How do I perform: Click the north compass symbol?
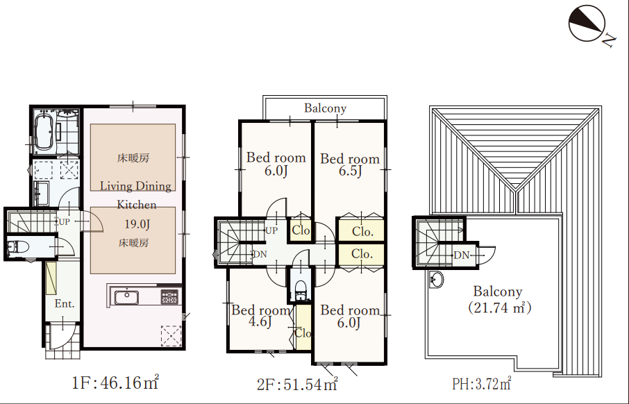click(x=587, y=24)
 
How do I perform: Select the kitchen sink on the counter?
click(x=126, y=297)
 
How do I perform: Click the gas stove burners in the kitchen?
click(x=169, y=296)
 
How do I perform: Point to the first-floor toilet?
click(x=18, y=246)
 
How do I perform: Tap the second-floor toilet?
click(x=301, y=290)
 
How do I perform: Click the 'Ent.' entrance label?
click(x=65, y=304)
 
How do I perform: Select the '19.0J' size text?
click(x=137, y=224)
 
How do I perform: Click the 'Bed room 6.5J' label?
click(x=350, y=165)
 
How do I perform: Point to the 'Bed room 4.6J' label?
click(x=261, y=316)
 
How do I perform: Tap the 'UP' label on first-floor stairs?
click(x=64, y=221)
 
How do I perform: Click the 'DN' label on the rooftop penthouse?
click(x=461, y=255)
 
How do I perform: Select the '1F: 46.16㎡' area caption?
click(x=115, y=382)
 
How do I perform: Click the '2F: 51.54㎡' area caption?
click(x=297, y=384)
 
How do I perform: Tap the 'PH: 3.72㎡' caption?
click(x=481, y=384)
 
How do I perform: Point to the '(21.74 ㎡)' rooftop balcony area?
click(x=499, y=308)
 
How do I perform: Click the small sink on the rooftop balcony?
click(x=436, y=279)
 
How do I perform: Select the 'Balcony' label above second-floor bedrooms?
click(x=325, y=108)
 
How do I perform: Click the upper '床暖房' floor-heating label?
click(x=133, y=158)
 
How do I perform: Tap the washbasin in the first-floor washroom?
click(x=41, y=193)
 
